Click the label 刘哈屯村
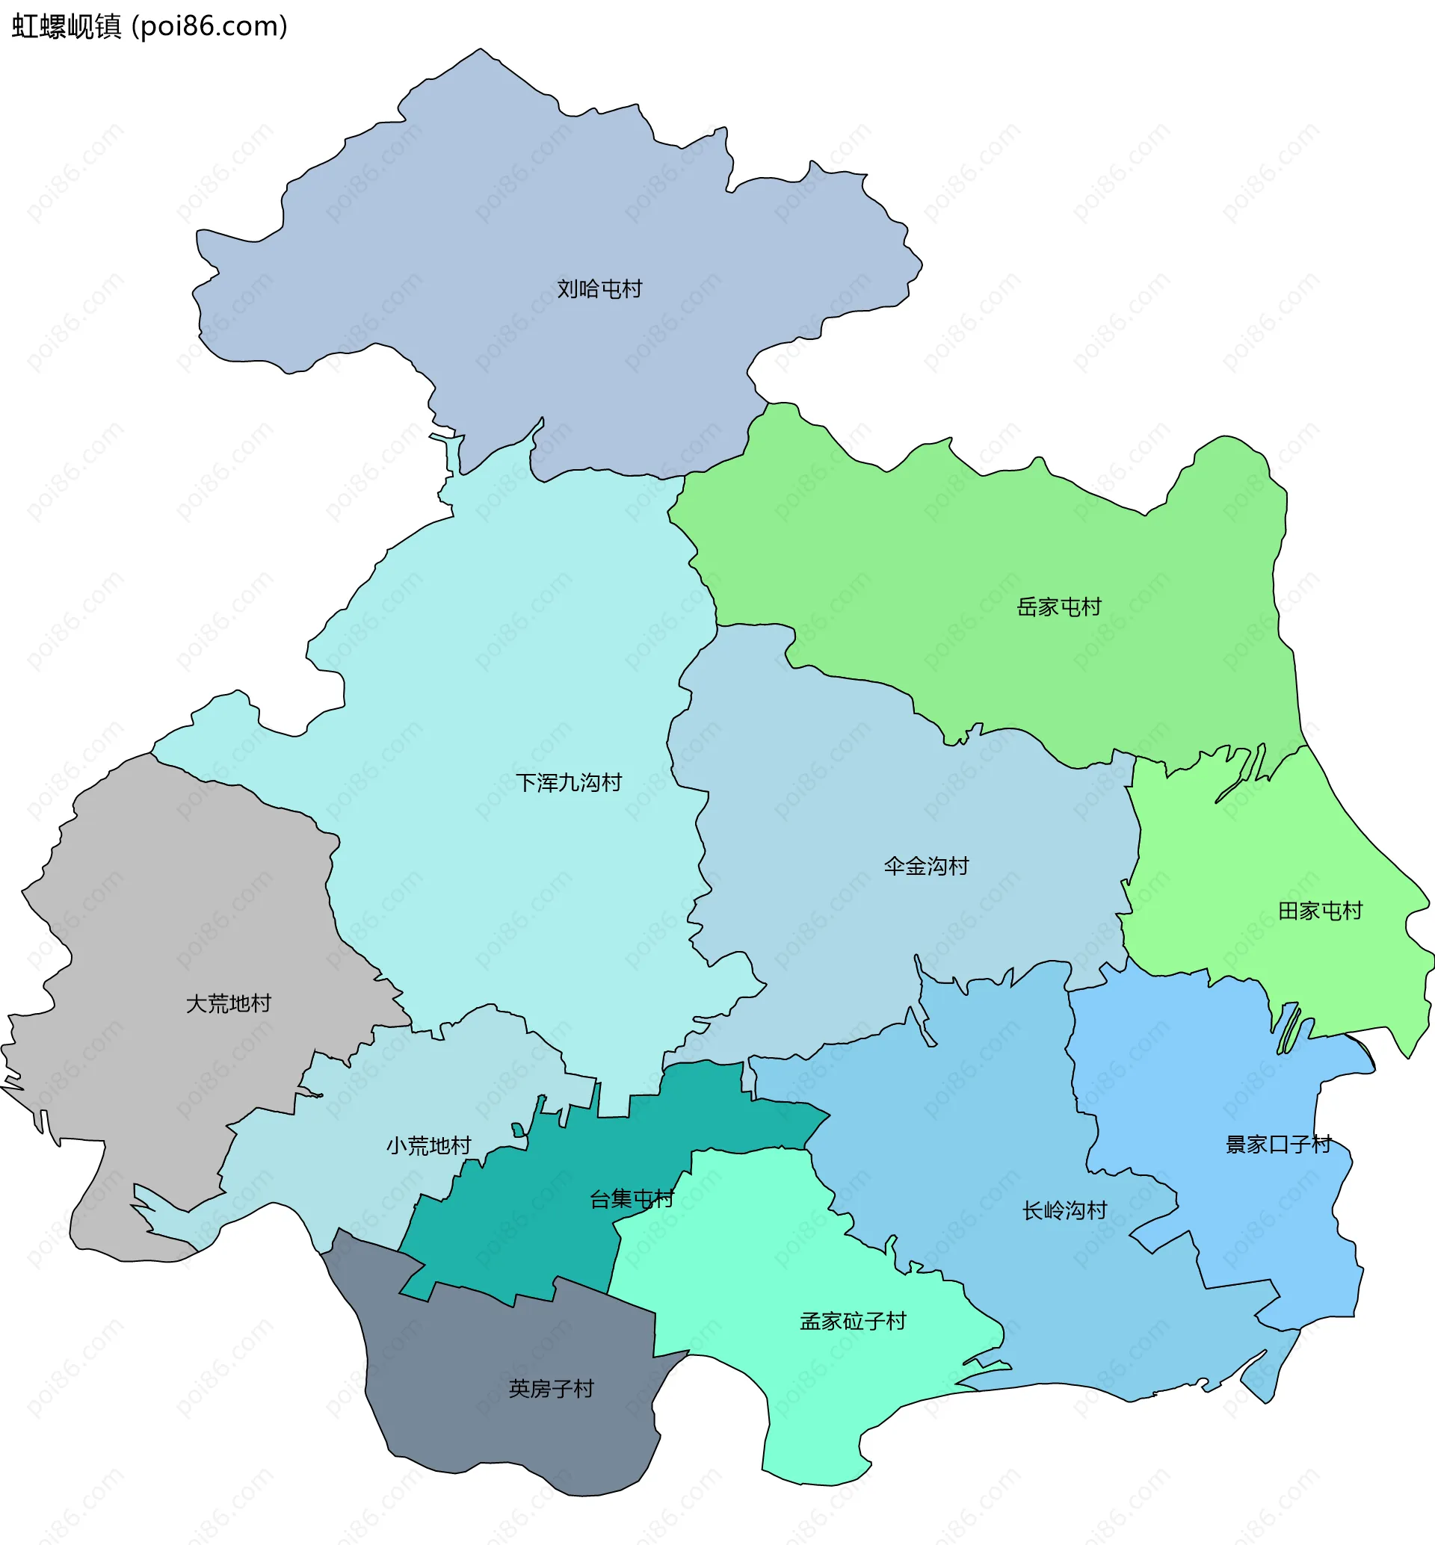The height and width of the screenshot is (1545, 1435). tap(599, 289)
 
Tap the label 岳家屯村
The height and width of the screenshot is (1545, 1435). tap(1059, 607)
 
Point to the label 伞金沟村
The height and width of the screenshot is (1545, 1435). tap(926, 866)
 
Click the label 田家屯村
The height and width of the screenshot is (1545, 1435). tap(1320, 911)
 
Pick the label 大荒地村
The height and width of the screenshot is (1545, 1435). tap(228, 1004)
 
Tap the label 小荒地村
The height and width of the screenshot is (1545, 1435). tap(429, 1145)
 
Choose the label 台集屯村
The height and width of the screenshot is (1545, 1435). tap(632, 1199)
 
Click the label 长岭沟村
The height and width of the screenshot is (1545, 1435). tap(1064, 1210)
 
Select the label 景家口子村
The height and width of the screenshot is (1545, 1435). tap(1278, 1145)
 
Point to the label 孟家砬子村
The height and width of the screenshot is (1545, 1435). tap(853, 1321)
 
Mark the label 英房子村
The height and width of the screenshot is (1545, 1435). tap(552, 1388)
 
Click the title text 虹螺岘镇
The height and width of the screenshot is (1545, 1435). tap(67, 26)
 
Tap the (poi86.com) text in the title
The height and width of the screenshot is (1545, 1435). tap(210, 26)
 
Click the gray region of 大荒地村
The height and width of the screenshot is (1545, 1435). tap(155, 893)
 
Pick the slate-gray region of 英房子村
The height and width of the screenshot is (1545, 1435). tap(504, 1437)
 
